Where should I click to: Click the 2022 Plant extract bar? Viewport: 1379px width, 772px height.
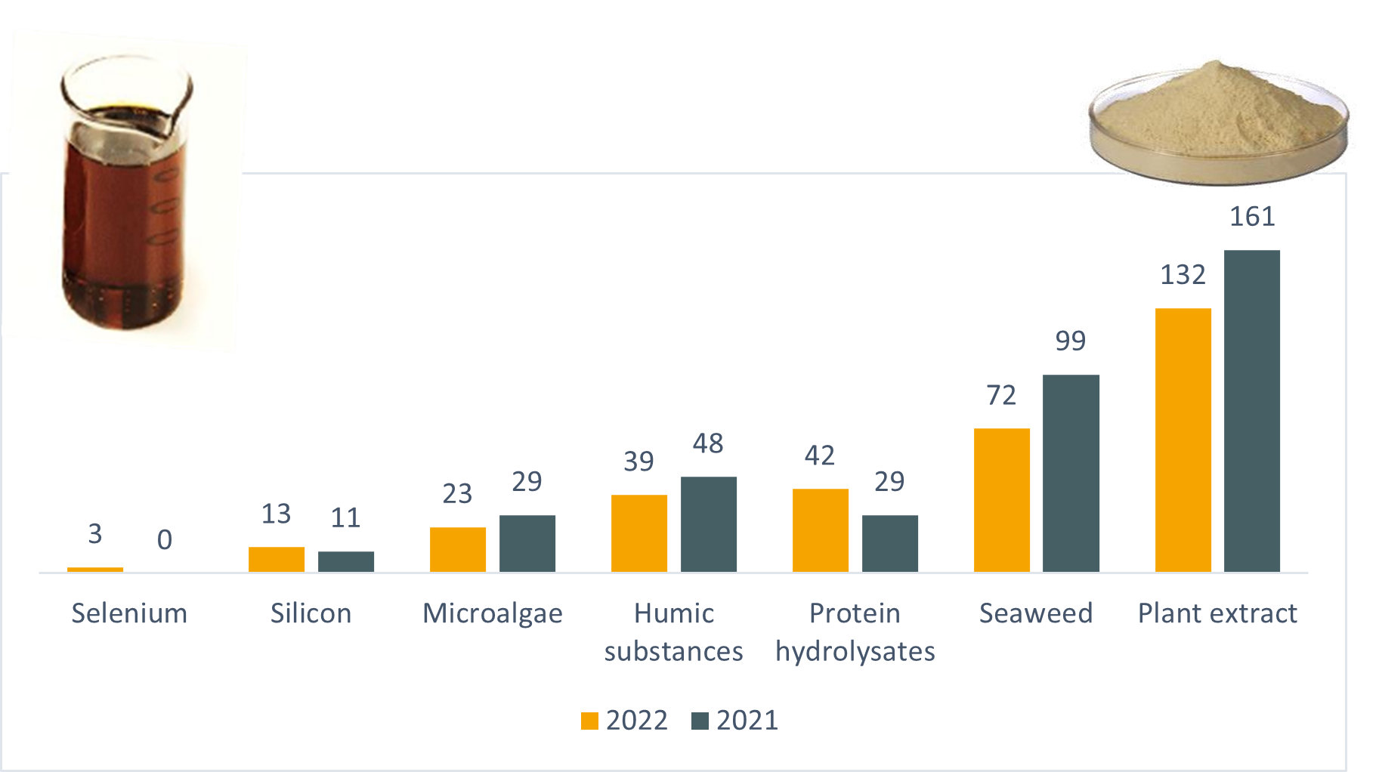pos(1183,440)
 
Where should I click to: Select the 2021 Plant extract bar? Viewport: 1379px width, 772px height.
pos(1251,411)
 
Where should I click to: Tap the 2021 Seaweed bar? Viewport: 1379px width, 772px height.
pos(1071,473)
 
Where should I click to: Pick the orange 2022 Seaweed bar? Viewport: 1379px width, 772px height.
pos(1001,500)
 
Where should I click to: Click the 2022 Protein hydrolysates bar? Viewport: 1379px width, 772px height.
pos(820,530)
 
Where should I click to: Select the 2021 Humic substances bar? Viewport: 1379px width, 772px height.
pos(708,524)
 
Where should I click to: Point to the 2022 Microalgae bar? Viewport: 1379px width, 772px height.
pos(457,549)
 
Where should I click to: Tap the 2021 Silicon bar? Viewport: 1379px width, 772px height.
pos(345,561)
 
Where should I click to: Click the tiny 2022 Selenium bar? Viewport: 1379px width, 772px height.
pos(95,570)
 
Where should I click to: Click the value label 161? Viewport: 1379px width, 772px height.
pos(1252,217)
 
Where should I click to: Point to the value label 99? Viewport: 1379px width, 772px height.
pos(1071,341)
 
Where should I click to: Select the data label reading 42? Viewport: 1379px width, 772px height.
pos(820,455)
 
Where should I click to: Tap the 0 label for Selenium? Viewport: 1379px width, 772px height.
pos(165,539)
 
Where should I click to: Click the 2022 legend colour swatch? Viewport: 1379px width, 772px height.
pos(589,721)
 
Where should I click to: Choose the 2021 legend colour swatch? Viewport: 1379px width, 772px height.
pos(700,721)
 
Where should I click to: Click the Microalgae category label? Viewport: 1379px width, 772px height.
pos(493,613)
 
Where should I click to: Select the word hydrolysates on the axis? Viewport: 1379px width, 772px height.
pos(855,651)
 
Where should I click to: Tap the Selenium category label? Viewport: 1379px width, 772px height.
pos(129,613)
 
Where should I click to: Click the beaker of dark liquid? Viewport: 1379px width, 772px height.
pos(125,196)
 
